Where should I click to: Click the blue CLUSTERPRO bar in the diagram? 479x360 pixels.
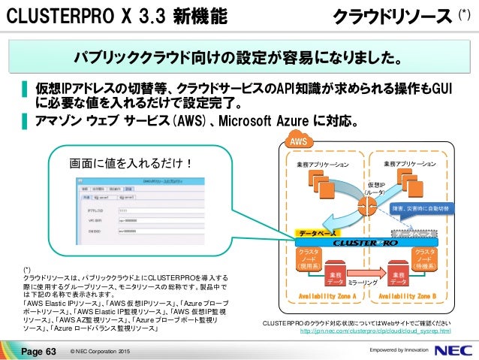click(366, 244)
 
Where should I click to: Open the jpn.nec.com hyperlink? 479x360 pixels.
click(375, 331)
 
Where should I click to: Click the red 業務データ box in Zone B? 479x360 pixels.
click(396, 279)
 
